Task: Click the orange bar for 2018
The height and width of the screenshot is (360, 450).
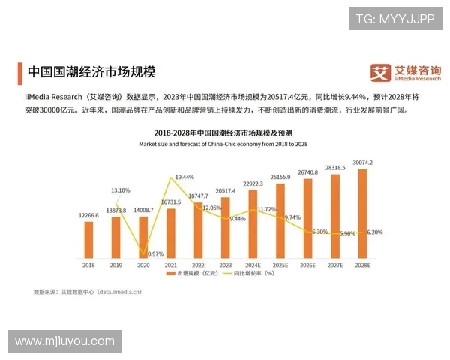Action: (89, 239)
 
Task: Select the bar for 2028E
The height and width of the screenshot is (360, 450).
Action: (362, 213)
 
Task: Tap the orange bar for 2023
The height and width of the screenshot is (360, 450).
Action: (226, 228)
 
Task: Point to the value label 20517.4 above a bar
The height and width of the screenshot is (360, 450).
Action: (226, 191)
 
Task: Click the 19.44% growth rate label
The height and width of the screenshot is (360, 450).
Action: (184, 178)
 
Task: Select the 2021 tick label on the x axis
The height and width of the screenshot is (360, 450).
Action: (171, 265)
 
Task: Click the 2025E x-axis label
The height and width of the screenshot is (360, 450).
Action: (280, 265)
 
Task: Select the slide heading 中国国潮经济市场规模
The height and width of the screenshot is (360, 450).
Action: (91, 72)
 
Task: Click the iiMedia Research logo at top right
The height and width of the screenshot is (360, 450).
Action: (406, 72)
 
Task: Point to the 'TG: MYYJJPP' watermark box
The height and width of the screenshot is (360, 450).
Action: (394, 19)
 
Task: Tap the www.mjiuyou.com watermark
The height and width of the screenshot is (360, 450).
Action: (65, 341)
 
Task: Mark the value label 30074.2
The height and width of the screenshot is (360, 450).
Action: (362, 163)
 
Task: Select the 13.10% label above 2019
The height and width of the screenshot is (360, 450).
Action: (120, 190)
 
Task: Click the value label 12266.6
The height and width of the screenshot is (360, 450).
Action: (89, 215)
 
